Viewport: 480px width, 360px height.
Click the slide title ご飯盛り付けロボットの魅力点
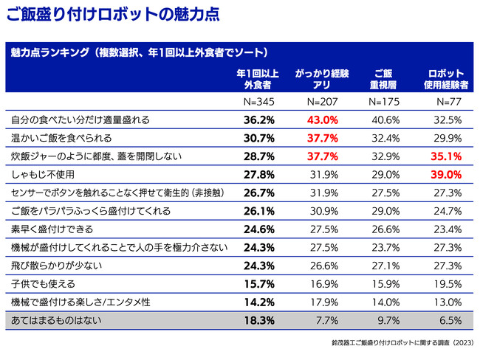pyautogui.click(x=109, y=14)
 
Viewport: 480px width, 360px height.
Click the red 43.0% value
pyautogui.click(x=322, y=120)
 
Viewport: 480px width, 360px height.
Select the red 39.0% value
pyautogui.click(x=448, y=174)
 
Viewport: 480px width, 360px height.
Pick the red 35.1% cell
pyautogui.click(x=448, y=156)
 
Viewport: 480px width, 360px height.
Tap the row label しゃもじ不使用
pyautogui.click(x=44, y=174)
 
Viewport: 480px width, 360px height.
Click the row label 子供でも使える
pyautogui.click(x=44, y=284)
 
